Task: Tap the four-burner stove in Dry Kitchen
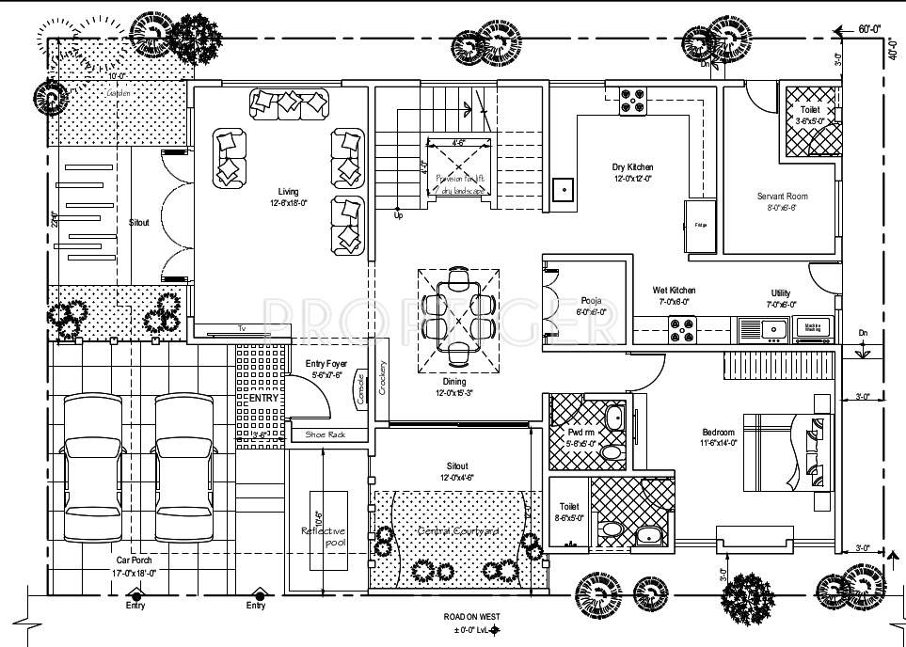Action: (632, 101)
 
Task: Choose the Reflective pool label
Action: (323, 537)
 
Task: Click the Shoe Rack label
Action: (326, 435)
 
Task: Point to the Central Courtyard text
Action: (457, 532)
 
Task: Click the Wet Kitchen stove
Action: (682, 328)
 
